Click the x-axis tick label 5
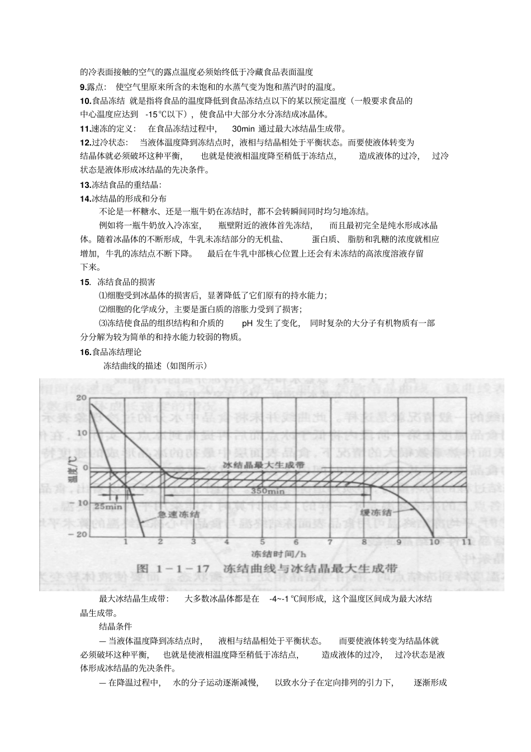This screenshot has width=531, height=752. [261, 542]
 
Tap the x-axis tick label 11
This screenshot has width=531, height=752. [467, 542]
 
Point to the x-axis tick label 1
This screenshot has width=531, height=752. [126, 542]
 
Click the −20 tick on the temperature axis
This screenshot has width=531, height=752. [80, 534]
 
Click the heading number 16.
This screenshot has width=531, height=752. [86, 352]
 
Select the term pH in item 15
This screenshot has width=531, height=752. [247, 323]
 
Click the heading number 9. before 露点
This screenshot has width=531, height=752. [83, 87]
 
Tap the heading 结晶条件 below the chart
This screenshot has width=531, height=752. [115, 626]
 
